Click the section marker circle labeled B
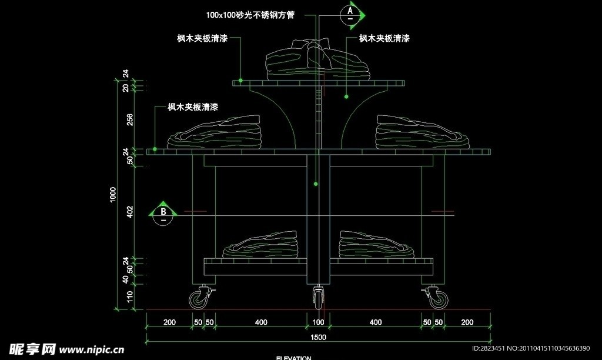165,213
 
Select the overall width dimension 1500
318,336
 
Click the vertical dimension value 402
130,212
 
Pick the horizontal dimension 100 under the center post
318,322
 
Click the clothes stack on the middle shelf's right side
422,132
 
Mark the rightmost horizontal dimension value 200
467,322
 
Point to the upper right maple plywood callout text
384,38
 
